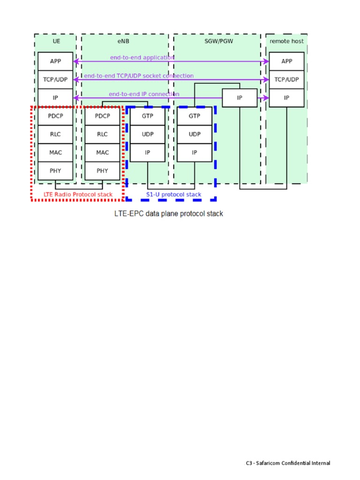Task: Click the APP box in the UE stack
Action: (56, 61)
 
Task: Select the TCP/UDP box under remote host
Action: (286, 79)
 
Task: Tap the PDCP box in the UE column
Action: (56, 116)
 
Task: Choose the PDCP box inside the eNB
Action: (102, 116)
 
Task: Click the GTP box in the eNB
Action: (147, 116)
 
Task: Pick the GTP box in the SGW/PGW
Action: (194, 116)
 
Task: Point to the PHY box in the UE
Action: (56, 171)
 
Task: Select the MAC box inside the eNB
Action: (102, 152)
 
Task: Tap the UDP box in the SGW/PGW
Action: (194, 134)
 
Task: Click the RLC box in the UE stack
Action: (56, 134)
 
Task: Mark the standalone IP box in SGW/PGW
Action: (240, 98)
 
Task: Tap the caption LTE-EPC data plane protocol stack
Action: (169, 214)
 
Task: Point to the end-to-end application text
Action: (142, 57)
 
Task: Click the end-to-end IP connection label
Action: (144, 94)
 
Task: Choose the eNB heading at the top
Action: (124, 41)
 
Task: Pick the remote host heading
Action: (286, 41)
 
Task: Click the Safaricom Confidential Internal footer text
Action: (288, 463)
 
